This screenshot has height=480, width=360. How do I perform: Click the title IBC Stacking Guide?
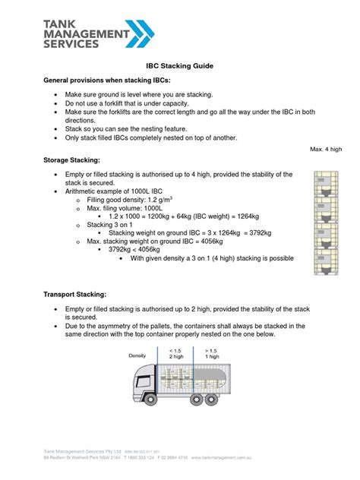pos(180,66)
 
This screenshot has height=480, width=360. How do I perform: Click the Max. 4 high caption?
pos(326,150)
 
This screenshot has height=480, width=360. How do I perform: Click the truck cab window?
pos(141,374)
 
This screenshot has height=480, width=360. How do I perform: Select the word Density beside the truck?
pos(137,355)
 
